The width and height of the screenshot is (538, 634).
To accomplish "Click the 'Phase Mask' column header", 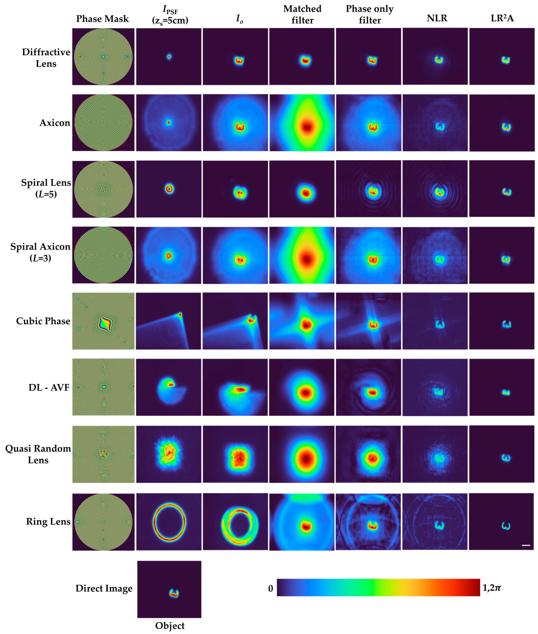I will tap(102, 19).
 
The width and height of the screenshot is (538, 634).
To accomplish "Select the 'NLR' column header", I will tap(437, 18).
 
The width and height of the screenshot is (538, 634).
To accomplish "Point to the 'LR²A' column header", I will tap(502, 18).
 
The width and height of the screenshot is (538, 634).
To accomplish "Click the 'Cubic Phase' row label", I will tap(43, 321).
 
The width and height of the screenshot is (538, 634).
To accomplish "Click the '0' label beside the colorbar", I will tap(270, 589).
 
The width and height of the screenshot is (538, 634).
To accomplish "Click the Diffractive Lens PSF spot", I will tap(169, 56).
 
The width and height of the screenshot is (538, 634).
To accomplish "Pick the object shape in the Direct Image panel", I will tap(174, 593).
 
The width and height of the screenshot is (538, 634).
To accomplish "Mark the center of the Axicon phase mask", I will tap(103, 123).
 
